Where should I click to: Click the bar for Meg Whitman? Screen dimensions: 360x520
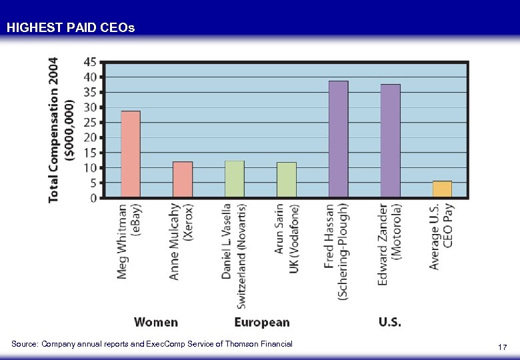pos(131,154)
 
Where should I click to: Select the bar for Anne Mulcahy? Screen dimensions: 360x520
pos(183,179)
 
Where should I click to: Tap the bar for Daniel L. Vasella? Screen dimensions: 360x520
pos(235,179)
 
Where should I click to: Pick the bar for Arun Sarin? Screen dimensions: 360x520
pos(287,179)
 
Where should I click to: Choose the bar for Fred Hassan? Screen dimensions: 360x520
pos(339,139)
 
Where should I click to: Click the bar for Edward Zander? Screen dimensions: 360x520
pos(391,141)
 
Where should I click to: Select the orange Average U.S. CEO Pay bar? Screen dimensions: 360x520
pos(442,189)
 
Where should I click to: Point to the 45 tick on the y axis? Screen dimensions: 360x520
pos(89,62)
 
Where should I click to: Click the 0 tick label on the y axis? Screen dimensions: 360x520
pos(93,198)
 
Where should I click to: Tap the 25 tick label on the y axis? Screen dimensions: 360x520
pos(89,122)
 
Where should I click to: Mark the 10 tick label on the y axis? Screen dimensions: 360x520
pos(89,167)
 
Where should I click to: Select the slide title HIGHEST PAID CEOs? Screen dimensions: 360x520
pos(70,28)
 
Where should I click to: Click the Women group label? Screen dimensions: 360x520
pos(156,323)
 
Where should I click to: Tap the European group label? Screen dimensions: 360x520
pos(262,323)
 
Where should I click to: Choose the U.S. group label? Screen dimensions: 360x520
pos(390,323)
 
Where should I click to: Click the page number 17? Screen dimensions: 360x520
pos(503,347)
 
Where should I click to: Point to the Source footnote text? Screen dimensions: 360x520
pos(152,344)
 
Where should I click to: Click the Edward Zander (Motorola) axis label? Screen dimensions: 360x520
pos(391,244)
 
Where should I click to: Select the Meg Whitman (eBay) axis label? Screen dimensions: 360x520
pos(131,240)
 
